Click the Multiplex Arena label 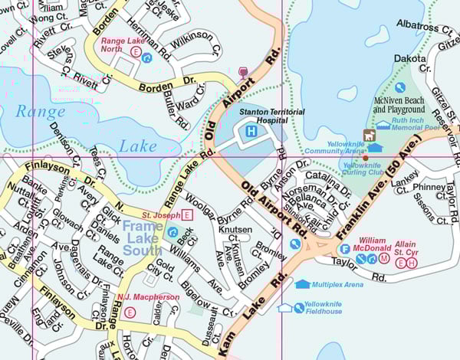(x=337, y=284)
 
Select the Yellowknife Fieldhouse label (x=321, y=308)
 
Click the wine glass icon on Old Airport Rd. (x=245, y=73)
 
